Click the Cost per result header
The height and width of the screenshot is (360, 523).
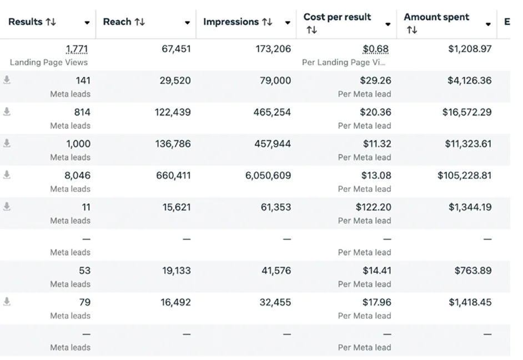tap(337, 17)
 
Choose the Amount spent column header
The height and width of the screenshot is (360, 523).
tap(436, 17)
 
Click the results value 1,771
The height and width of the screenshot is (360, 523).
tap(77, 49)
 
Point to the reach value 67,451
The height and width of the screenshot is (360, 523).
tap(176, 49)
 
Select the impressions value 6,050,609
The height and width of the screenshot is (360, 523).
tap(268, 176)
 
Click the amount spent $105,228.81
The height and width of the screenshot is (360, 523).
tap(464, 176)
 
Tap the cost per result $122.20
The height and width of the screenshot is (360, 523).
tap(373, 207)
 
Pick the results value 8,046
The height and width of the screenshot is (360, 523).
tap(77, 176)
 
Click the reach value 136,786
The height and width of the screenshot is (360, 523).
tap(173, 144)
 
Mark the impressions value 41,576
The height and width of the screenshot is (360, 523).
tap(276, 271)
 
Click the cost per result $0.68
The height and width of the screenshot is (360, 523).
tap(376, 49)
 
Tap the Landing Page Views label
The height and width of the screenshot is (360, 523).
tap(49, 62)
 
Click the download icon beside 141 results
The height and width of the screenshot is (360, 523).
tap(7, 80)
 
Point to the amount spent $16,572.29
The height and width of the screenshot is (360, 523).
tap(467, 112)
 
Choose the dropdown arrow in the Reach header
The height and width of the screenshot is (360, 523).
tap(187, 23)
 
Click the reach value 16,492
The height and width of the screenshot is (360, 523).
tap(176, 303)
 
